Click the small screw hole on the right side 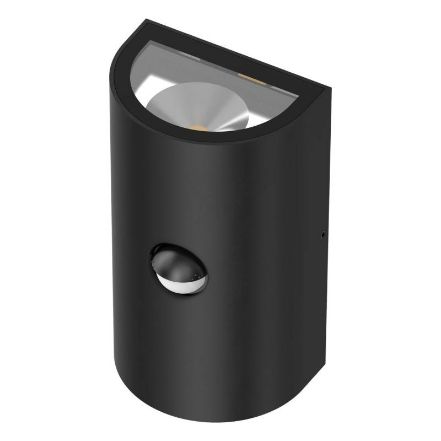(x=321, y=235)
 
